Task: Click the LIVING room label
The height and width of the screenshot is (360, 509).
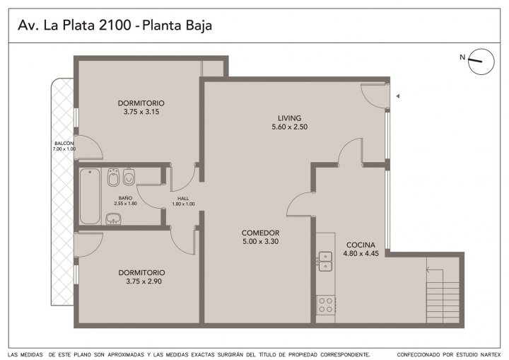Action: click(x=289, y=118)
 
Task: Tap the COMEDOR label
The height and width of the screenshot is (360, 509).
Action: click(x=260, y=233)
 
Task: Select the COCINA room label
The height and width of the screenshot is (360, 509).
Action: click(x=361, y=245)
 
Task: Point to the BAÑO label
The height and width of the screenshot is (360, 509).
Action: click(x=125, y=198)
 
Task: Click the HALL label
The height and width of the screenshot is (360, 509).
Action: click(x=183, y=199)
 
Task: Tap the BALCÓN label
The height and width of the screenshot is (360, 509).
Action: click(x=64, y=144)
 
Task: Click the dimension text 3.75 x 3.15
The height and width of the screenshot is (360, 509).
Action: click(x=141, y=112)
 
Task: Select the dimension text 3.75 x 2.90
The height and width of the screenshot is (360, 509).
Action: click(x=144, y=281)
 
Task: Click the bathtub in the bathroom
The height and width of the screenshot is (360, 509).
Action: click(x=90, y=196)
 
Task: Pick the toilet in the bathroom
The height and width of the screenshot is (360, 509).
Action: click(x=129, y=177)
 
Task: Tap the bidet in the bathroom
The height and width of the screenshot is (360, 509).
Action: click(x=113, y=177)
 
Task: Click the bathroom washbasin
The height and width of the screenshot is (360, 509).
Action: click(x=114, y=219)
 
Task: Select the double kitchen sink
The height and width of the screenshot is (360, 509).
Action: click(x=325, y=261)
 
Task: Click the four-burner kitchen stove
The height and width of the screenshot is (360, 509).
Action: click(x=326, y=304)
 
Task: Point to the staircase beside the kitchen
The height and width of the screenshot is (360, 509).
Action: click(x=443, y=296)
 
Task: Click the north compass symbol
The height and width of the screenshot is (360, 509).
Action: click(x=481, y=62)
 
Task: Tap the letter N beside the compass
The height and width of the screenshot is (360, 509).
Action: click(x=462, y=57)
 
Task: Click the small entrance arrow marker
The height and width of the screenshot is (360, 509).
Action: click(x=397, y=96)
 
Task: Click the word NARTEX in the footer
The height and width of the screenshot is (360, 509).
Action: click(x=491, y=354)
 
